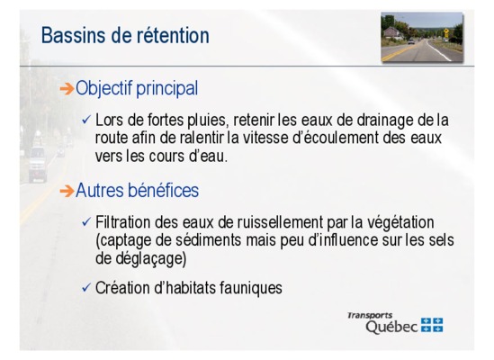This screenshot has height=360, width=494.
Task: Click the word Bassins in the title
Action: pos(73,35)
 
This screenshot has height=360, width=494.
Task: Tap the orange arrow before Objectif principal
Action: pos(67,89)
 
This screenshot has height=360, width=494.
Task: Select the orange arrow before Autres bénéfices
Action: pos(67,191)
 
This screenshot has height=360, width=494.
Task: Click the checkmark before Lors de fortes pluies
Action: pos(86,120)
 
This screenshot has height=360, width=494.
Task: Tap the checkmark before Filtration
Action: pos(86,222)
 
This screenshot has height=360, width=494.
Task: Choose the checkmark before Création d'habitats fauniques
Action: pos(86,288)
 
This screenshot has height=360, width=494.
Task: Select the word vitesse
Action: pos(264,138)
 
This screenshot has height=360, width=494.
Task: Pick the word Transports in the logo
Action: pos(370,315)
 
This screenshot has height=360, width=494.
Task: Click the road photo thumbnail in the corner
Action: pos(422,37)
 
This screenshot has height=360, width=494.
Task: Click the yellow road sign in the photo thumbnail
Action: pos(446,31)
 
